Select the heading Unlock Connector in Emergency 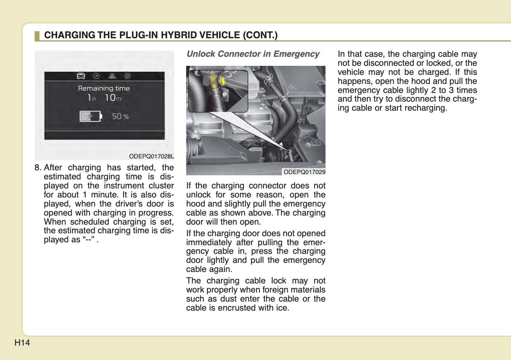pos(253,54)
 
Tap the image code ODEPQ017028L pos(152,156)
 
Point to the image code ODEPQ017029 pos(304,172)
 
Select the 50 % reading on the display pos(120,116)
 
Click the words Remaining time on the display pos(104,88)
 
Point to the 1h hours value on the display pos(91,98)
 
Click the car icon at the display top pos(81,76)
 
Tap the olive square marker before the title pos(37,35)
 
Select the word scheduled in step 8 pos(85,222)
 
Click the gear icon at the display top pos(128,76)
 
